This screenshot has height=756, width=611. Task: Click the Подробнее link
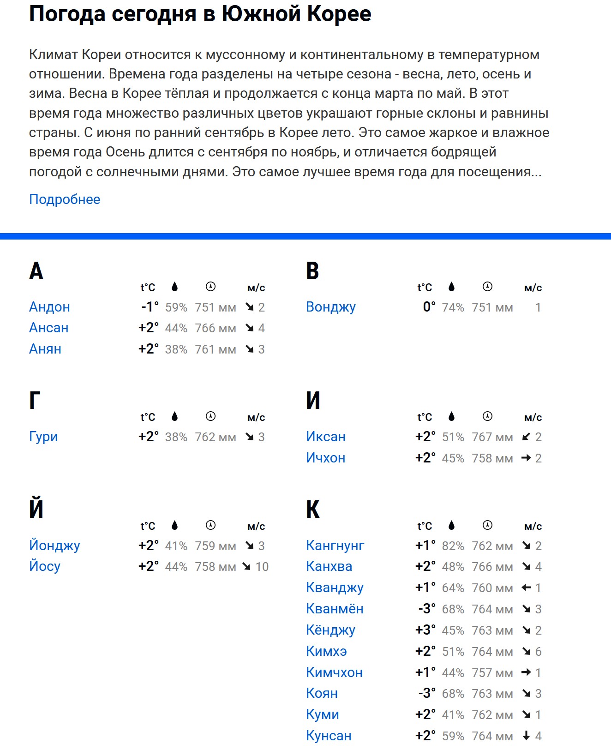pyautogui.click(x=65, y=199)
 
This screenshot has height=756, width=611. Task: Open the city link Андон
pyautogui.click(x=49, y=307)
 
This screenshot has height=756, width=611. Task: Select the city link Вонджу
pyautogui.click(x=330, y=307)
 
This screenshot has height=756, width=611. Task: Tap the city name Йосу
pyautogui.click(x=45, y=566)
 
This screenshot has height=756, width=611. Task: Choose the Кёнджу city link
pyautogui.click(x=330, y=630)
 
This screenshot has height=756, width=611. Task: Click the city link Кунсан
pyautogui.click(x=329, y=736)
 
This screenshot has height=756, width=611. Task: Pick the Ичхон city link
pyautogui.click(x=325, y=458)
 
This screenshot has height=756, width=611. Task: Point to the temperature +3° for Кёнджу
pyautogui.click(x=425, y=630)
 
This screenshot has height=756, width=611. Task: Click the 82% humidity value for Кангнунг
pyautogui.click(x=453, y=546)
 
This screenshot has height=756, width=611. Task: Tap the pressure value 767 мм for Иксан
pyautogui.click(x=492, y=437)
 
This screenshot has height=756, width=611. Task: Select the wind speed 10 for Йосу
pyautogui.click(x=262, y=567)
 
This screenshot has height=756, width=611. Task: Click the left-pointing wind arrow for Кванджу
pyautogui.click(x=526, y=588)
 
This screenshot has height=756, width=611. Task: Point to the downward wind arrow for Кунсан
pyautogui.click(x=526, y=736)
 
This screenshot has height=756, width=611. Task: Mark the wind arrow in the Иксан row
pyautogui.click(x=526, y=437)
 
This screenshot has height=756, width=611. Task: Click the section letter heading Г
pyautogui.click(x=35, y=401)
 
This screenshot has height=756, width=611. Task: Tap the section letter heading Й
pyautogui.click(x=36, y=509)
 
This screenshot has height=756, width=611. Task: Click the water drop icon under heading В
pyautogui.click(x=451, y=287)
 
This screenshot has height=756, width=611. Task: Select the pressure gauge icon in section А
pyautogui.click(x=210, y=287)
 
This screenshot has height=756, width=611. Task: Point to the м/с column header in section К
pyautogui.click(x=533, y=526)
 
